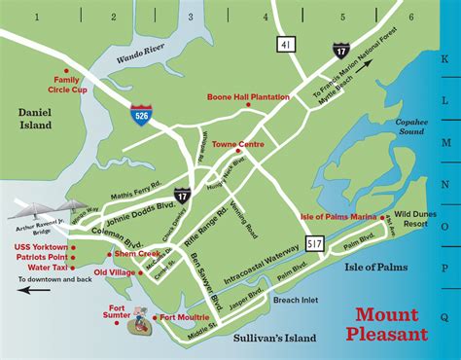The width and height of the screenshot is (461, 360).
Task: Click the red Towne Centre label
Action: pos(238,144)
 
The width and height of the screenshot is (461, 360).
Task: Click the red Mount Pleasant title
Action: pos(390,324)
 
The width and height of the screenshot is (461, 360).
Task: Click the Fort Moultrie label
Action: pos(185,317)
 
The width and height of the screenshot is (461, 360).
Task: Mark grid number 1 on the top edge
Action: pos(35,17)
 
